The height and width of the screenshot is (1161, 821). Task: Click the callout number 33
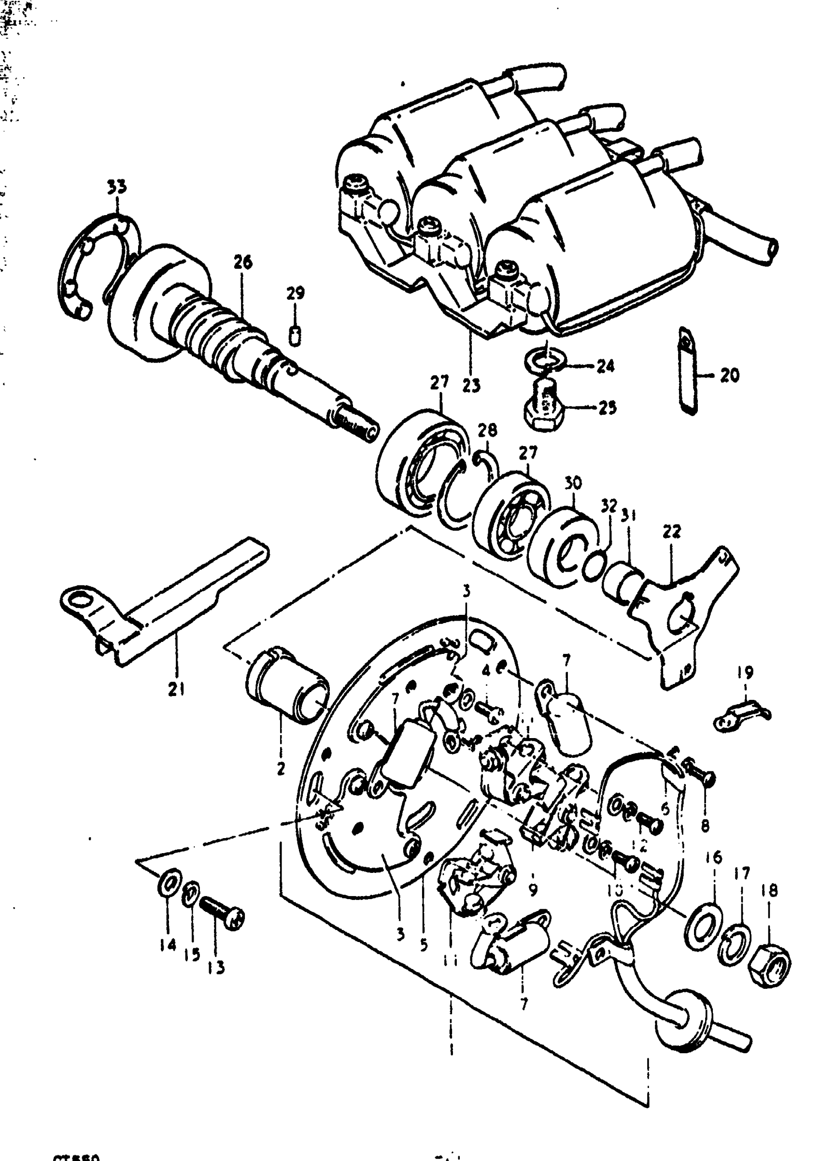click(x=117, y=187)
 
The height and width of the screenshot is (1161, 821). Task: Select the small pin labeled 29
click(x=296, y=335)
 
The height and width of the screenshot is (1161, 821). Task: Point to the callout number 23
click(x=471, y=386)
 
